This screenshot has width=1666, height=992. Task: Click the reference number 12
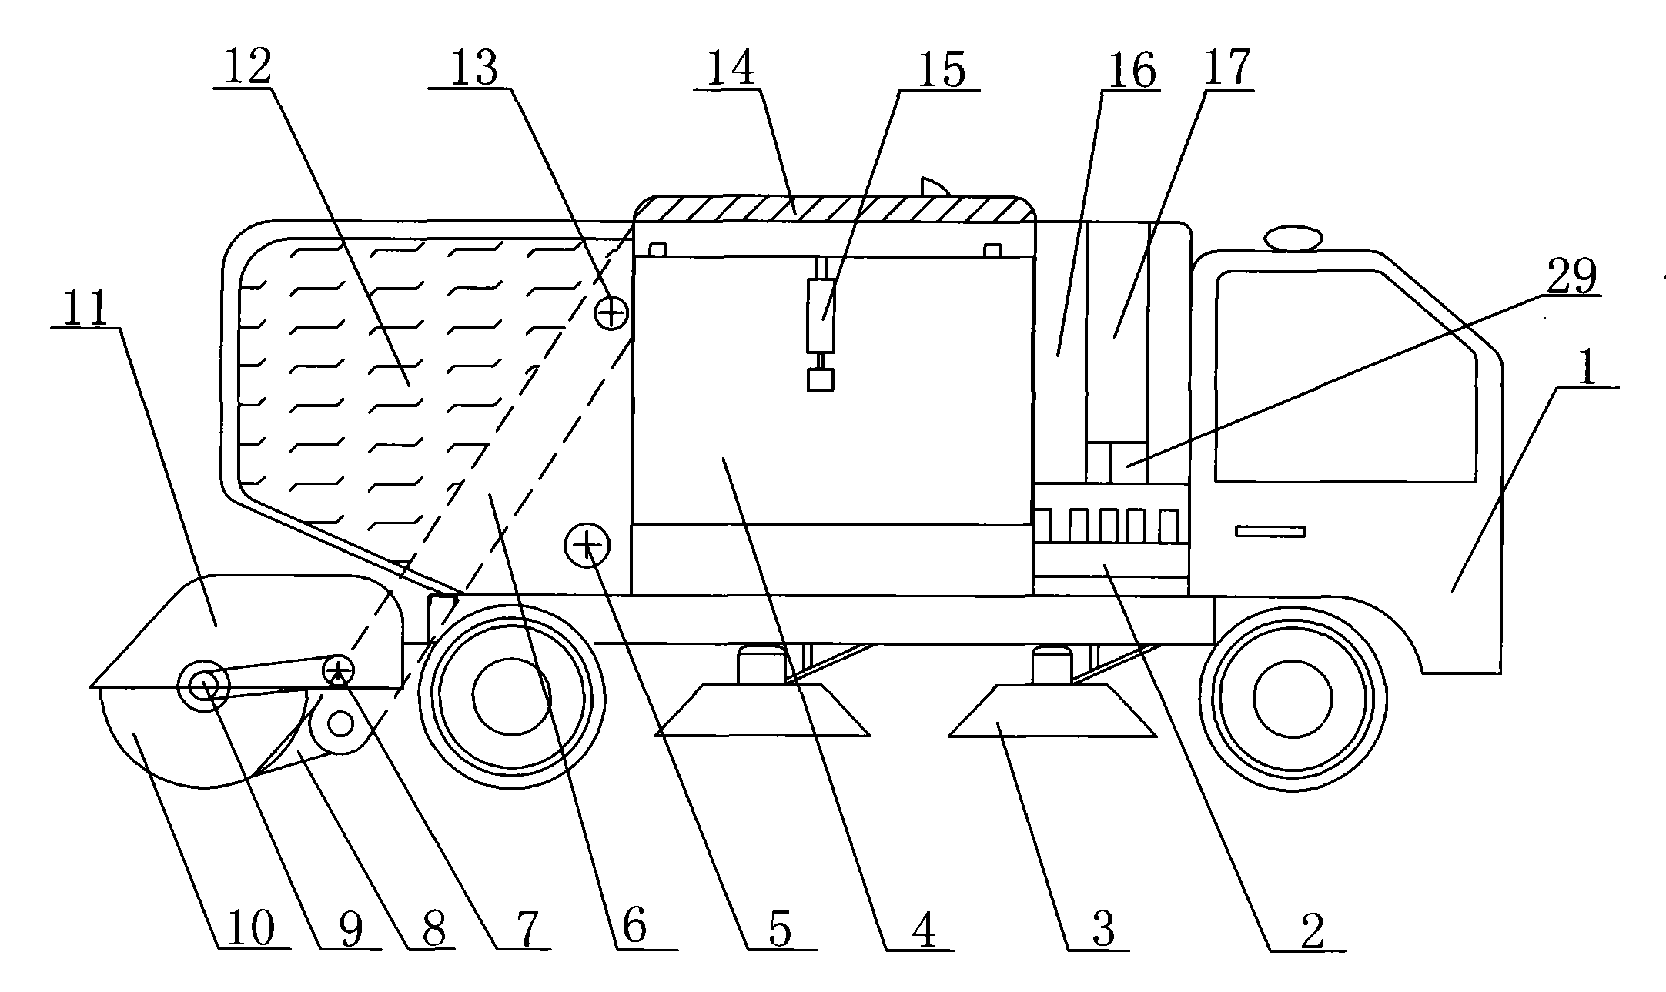[248, 67]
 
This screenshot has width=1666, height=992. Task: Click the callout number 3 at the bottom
[1103, 930]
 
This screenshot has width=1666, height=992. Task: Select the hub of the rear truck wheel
[511, 697]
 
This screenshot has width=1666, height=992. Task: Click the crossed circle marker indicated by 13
[612, 313]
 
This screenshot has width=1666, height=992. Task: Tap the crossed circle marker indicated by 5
[587, 546]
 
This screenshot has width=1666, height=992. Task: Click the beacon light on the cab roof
[1293, 237]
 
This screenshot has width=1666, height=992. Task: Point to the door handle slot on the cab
[1270, 531]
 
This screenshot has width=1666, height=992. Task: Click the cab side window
[1346, 376]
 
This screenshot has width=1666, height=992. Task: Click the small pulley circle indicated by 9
[202, 684]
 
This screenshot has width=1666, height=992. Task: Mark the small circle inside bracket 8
[340, 723]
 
